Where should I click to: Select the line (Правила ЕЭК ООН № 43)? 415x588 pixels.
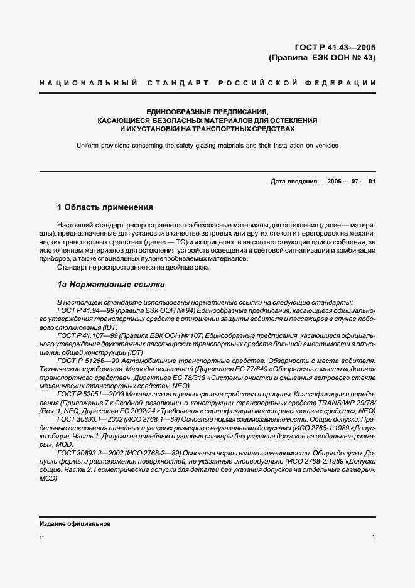pyautogui.click(x=321, y=58)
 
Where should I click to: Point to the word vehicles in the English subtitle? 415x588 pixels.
pyautogui.click(x=326, y=145)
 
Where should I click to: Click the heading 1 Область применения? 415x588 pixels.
pyautogui.click(x=105, y=207)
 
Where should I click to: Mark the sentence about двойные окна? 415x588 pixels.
pyautogui.click(x=134, y=267)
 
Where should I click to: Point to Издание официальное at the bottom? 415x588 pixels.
pyautogui.click(x=75, y=524)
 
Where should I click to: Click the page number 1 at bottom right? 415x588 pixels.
pyautogui.click(x=374, y=537)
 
